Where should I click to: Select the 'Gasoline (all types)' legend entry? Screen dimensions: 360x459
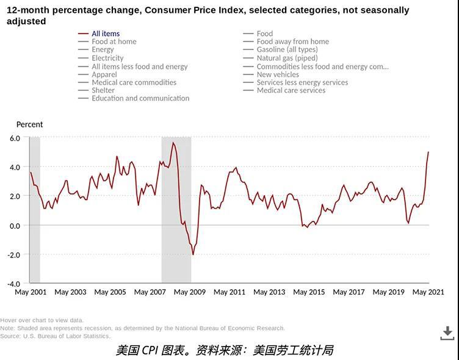point(287,49)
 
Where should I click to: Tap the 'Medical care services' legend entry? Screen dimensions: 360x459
point(291,90)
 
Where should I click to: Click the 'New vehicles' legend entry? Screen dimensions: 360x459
point(278,74)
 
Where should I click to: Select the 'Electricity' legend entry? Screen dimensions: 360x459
point(107,58)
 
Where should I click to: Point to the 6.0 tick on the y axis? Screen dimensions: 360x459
point(15,138)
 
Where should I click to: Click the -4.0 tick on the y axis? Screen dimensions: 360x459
point(14,284)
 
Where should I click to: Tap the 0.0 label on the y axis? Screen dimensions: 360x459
point(15,226)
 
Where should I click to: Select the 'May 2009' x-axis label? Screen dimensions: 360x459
point(190,292)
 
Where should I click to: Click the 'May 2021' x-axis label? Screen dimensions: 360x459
point(428,292)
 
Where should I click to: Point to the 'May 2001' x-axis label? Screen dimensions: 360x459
point(31,292)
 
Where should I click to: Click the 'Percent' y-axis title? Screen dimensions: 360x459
point(29,124)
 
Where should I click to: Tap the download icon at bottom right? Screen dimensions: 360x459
point(447,333)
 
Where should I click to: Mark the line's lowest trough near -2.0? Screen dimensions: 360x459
point(193,254)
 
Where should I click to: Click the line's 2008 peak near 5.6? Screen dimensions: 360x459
point(173,143)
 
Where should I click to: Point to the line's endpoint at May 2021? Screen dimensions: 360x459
point(428,152)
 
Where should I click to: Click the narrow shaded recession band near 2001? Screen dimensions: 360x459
point(35,207)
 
